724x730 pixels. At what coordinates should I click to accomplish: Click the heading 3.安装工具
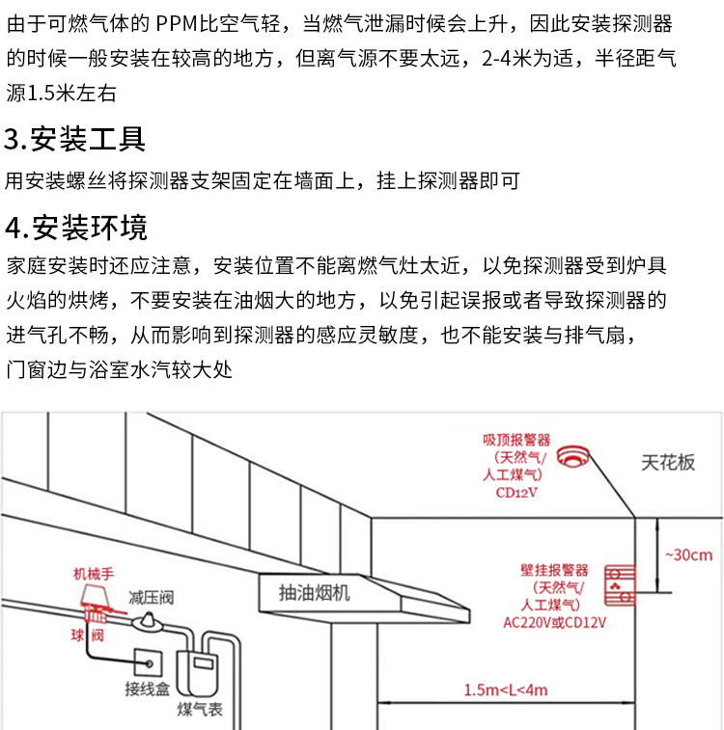pyautogui.click(x=75, y=140)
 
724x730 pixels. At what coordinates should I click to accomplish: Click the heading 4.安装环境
pyautogui.click(x=76, y=229)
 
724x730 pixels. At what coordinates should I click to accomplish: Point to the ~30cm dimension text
pyautogui.click(x=689, y=554)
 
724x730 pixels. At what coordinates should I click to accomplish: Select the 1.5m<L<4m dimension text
pyautogui.click(x=505, y=689)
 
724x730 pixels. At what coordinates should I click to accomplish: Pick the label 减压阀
pyautogui.click(x=152, y=598)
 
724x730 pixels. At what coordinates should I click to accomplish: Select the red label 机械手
pyautogui.click(x=94, y=574)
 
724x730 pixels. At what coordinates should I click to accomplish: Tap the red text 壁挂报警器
pyautogui.click(x=554, y=570)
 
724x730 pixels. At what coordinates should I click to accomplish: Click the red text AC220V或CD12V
pyautogui.click(x=555, y=622)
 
